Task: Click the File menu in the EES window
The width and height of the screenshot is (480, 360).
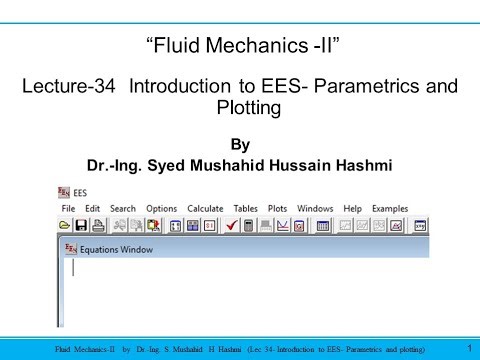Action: pyautogui.click(x=68, y=208)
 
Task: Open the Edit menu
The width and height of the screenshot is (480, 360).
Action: pyautogui.click(x=93, y=208)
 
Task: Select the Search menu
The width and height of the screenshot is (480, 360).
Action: pyautogui.click(x=123, y=208)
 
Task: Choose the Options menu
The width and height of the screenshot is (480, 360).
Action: pyautogui.click(x=161, y=208)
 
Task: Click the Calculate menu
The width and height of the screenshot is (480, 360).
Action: pyautogui.click(x=205, y=208)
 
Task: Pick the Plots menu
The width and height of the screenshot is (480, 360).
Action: pyautogui.click(x=279, y=208)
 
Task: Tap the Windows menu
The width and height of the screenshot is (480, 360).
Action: pyautogui.click(x=315, y=208)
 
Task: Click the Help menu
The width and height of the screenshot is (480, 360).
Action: pyautogui.click(x=351, y=208)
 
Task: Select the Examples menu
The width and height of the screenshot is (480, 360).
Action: pyautogui.click(x=390, y=208)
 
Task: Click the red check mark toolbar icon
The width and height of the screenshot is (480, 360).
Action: pyautogui.click(x=230, y=226)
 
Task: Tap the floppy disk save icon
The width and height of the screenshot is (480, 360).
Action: pyautogui.click(x=83, y=226)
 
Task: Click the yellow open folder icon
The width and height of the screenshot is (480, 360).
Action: pyautogui.click(x=65, y=226)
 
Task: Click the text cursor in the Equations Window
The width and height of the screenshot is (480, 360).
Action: pyautogui.click(x=72, y=267)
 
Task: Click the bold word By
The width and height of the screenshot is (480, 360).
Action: pyautogui.click(x=239, y=142)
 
